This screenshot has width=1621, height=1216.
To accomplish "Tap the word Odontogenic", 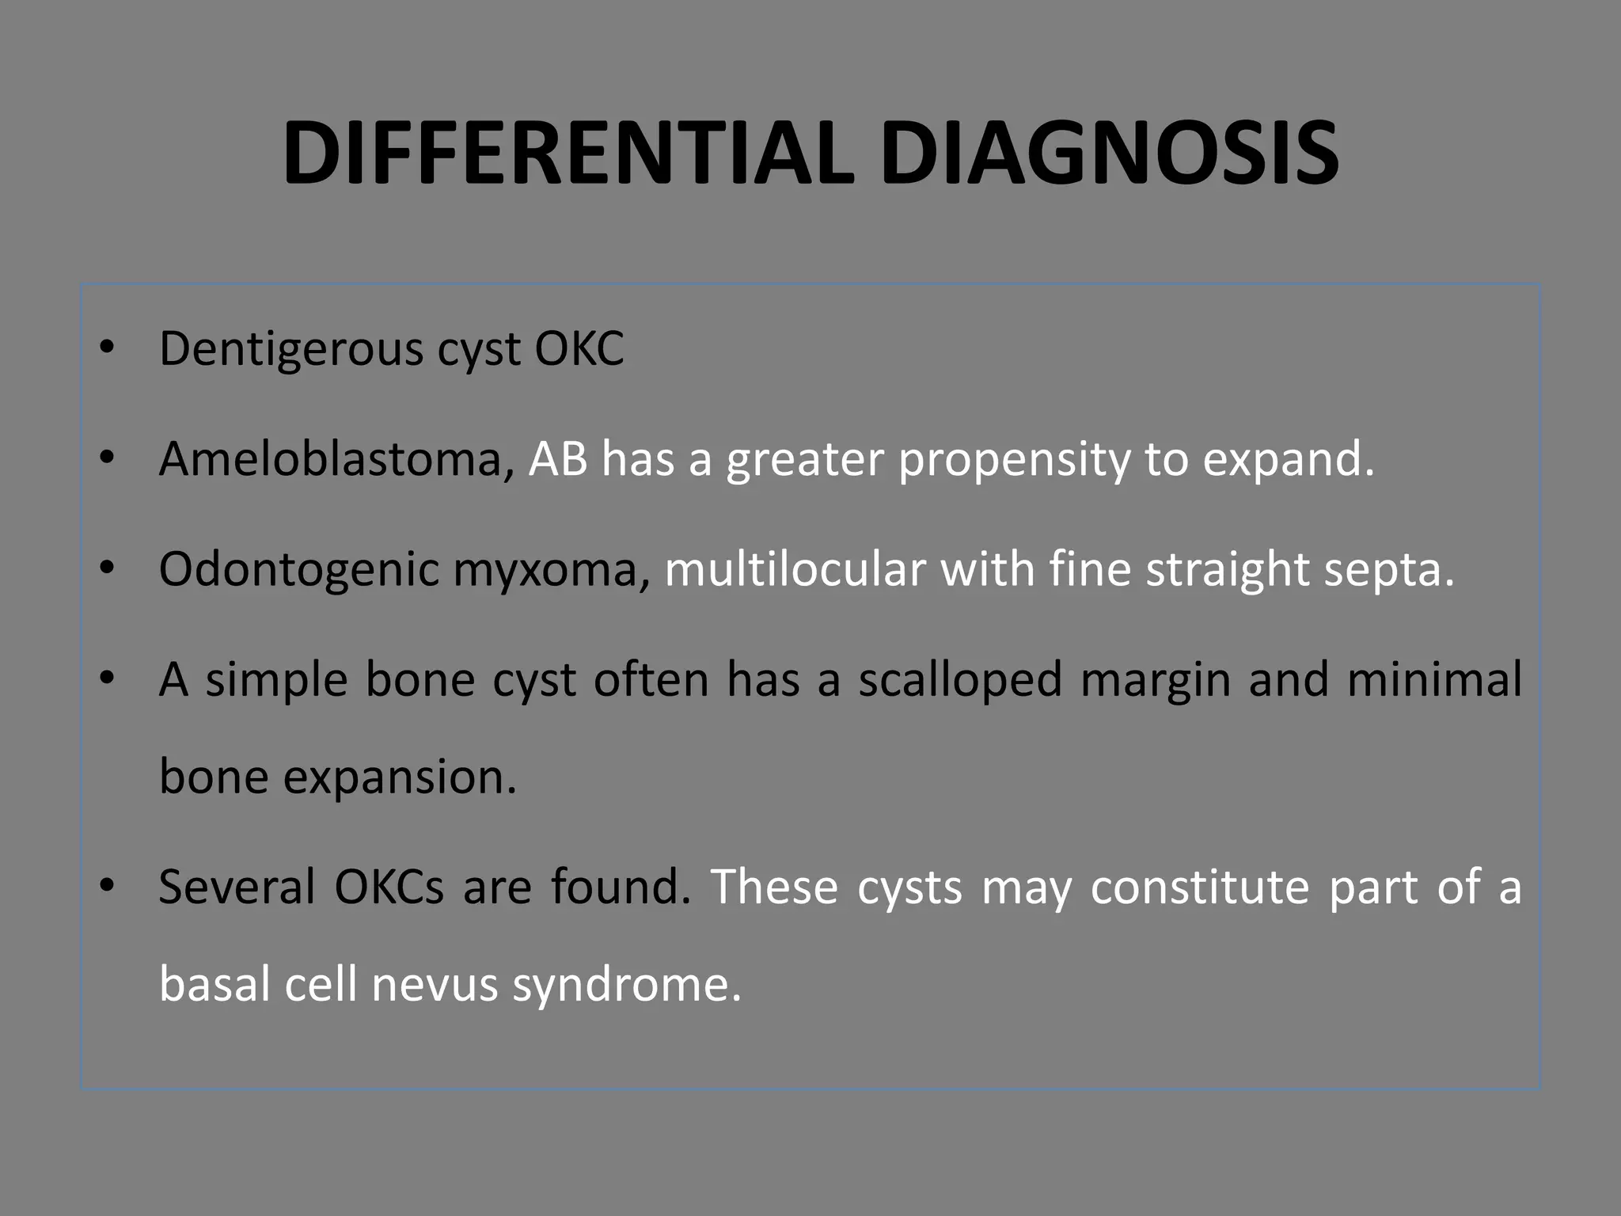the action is point(298,571).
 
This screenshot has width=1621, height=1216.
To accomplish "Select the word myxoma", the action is point(552,571).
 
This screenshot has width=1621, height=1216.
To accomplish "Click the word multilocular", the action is point(795,569).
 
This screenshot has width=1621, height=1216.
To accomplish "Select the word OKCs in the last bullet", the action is point(389,887).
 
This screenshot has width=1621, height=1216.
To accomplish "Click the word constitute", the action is point(1199,887).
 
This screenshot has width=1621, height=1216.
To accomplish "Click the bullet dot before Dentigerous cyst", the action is point(108,348).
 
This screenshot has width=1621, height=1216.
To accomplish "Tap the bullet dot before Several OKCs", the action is point(108,886).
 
